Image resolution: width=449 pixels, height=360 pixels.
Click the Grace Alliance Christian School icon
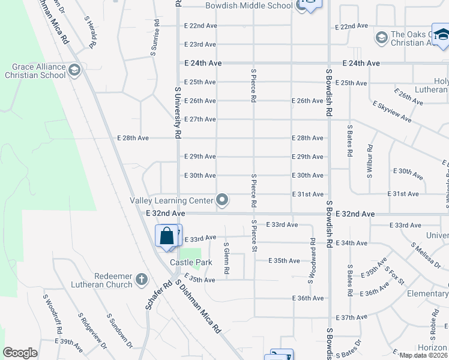click(74, 71)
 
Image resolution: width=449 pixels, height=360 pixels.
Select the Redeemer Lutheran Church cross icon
click(141, 279)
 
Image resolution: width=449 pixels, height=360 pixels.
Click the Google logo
click(20, 353)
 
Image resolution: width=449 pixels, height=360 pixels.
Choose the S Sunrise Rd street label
click(155, 38)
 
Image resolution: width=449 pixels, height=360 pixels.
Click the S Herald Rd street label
click(91, 32)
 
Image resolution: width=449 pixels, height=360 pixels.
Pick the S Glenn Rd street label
click(226, 258)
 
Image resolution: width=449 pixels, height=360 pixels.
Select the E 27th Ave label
click(200, 119)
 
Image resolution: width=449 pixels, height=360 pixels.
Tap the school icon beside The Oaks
click(381, 38)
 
